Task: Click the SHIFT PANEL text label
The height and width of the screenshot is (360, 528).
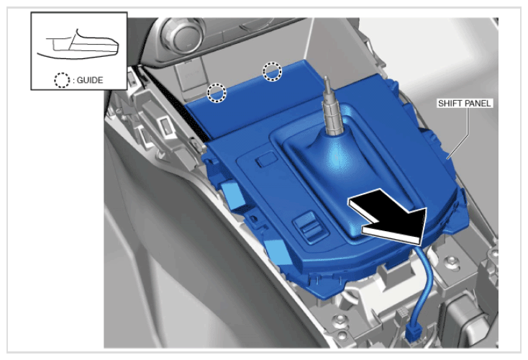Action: coord(465,103)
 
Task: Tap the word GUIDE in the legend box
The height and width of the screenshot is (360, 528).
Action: coord(90,80)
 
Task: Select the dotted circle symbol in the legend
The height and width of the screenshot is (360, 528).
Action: coord(62,80)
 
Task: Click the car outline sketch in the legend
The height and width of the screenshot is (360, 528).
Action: coord(78,45)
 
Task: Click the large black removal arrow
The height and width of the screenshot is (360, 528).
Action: coord(388,217)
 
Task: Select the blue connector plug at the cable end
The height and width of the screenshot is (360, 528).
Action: coord(414,333)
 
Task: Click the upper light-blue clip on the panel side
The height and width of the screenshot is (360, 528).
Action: coord(233,195)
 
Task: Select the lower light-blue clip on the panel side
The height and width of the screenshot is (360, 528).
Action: coord(277,251)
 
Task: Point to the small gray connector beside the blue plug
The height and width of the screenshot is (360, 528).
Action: coord(401,314)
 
